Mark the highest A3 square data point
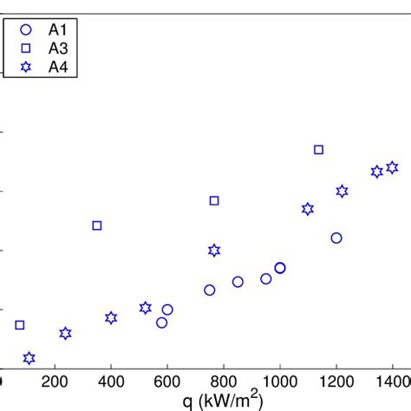point(318,150)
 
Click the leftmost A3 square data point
point(20,325)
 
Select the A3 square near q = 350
point(97,225)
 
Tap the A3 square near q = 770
point(214,200)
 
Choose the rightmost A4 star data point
point(392,167)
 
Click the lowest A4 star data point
point(29,358)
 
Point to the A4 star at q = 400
point(111,318)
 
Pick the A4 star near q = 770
point(214,251)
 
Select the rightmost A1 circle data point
point(336,238)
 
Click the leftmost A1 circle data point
point(161,323)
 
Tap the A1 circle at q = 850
point(238,282)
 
